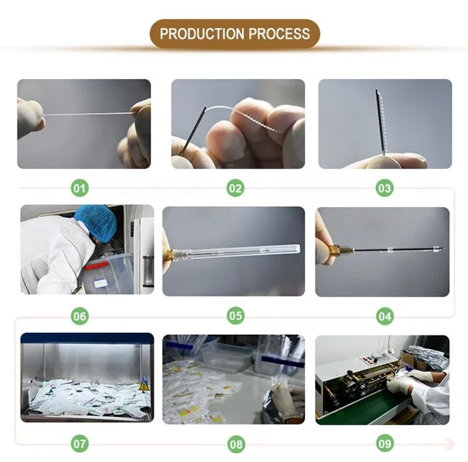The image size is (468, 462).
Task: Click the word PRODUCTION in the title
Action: click(x=202, y=33)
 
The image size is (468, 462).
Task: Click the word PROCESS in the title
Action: click(x=279, y=33)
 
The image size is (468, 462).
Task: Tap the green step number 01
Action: click(x=80, y=189)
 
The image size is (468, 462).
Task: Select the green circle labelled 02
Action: click(x=235, y=188)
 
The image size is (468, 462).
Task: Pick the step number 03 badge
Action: click(x=384, y=188)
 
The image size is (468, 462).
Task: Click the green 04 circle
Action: click(x=384, y=316)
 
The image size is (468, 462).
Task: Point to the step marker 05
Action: click(x=235, y=315)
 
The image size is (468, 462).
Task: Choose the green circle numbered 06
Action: click(x=80, y=316)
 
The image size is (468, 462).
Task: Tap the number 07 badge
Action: click(x=80, y=443)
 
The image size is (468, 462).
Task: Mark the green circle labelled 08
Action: click(x=236, y=444)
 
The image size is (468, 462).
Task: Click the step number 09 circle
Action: click(x=384, y=443)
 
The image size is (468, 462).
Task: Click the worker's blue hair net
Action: click(x=96, y=223)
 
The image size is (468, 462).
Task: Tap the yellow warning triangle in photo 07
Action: click(x=144, y=386)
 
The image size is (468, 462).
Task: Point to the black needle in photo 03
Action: click(x=379, y=121)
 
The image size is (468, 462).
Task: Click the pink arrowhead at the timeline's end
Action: click(x=452, y=443)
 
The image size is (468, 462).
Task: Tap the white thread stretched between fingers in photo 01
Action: click(x=88, y=114)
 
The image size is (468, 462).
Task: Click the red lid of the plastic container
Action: click(x=96, y=264)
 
